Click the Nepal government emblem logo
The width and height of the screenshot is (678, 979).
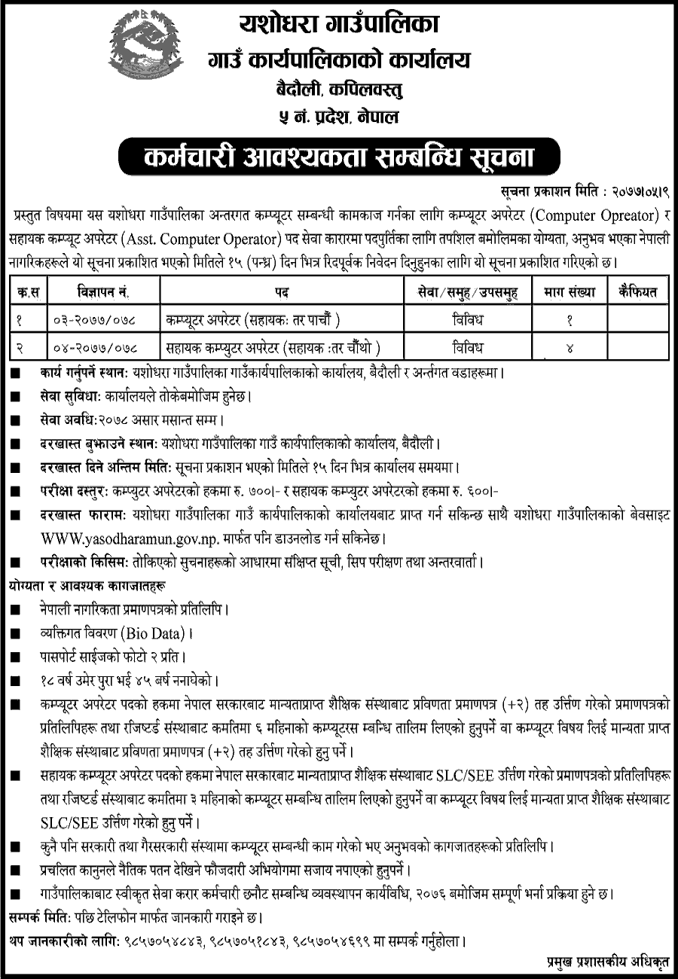pos(145,50)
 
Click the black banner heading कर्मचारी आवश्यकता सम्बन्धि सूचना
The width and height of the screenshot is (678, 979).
pos(338,157)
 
